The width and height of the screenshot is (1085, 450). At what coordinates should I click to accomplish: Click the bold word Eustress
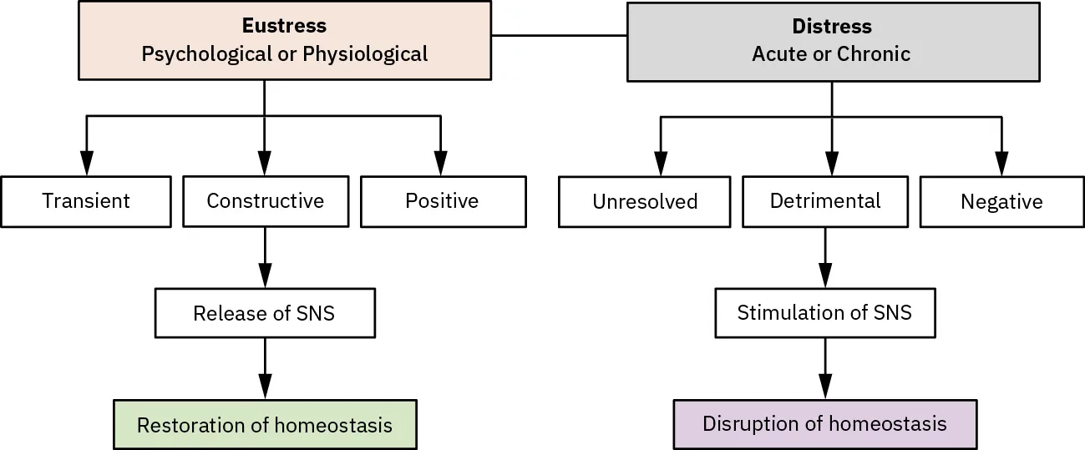coord(284,26)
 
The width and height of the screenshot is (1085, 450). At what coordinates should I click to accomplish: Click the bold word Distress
coord(832,27)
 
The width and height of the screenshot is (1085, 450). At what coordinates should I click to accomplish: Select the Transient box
coord(86,201)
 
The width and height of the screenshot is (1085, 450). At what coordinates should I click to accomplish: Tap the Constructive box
coord(265,201)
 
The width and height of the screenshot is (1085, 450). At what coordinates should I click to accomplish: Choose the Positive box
coord(443,201)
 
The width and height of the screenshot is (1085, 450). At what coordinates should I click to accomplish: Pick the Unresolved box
coord(644,202)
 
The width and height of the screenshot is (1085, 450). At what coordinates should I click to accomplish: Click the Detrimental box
coord(825,201)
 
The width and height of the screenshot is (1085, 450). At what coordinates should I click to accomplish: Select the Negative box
coord(1001,202)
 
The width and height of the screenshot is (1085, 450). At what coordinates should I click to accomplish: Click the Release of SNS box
coord(265,313)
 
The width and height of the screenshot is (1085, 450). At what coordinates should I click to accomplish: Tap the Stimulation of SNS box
coord(824,313)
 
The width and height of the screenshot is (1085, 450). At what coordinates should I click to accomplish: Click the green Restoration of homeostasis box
coord(265,425)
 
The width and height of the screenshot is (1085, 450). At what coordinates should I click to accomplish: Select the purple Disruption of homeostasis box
coord(824,423)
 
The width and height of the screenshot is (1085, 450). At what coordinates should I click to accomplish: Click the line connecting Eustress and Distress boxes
coord(559,36)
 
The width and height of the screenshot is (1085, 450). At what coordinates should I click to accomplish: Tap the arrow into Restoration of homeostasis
coord(265,368)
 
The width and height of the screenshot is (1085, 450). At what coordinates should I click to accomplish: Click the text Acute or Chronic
coord(831,54)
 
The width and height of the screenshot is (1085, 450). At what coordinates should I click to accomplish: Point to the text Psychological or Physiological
coord(284,54)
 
